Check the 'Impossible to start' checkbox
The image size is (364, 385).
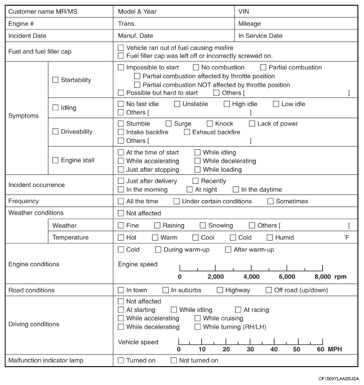pos(122,67)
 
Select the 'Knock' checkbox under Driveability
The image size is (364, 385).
pos(210,124)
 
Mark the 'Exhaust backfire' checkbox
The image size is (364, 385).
pos(187,132)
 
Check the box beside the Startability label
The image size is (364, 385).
pos(56,80)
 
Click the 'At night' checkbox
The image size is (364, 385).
pos(190,190)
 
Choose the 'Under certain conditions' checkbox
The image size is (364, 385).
pos(177,201)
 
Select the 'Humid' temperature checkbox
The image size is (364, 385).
pos(270,237)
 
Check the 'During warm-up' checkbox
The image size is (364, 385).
pos(158,249)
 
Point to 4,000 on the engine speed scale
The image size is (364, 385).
pos(251,276)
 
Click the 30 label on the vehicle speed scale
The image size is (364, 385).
pos(250,349)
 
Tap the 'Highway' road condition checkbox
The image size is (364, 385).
pos(220,290)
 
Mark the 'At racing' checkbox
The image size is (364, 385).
pos(238,310)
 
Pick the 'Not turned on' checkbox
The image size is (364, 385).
pos(174,360)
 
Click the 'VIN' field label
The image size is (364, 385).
pos(244,11)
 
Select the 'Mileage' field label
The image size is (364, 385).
pos(249,24)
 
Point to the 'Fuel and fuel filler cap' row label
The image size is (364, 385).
pos(40,51)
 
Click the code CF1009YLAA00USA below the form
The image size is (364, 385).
pos(338,378)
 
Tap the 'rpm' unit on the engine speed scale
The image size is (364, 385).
pos(341,276)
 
